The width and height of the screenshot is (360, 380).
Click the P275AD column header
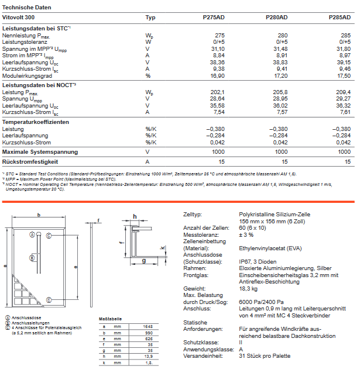point(214,18)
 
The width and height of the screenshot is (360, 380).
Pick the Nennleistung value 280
point(282,36)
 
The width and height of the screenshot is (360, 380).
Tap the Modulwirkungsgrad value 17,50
point(342,76)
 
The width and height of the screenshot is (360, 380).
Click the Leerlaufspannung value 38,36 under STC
point(216,63)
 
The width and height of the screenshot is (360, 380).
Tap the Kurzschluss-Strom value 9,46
point(344,69)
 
